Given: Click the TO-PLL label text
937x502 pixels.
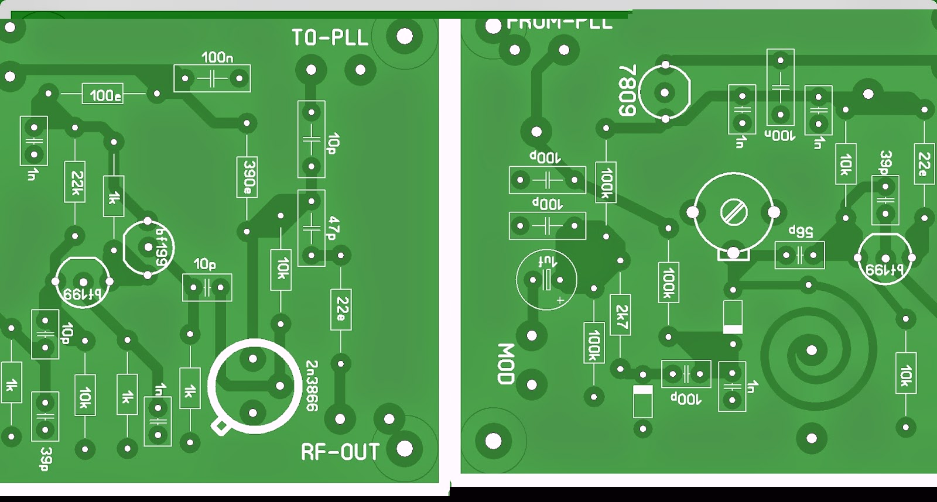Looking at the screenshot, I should tap(330, 38).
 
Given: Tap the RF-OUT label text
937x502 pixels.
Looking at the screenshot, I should tap(340, 452).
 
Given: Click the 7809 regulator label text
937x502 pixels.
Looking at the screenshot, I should tap(627, 91).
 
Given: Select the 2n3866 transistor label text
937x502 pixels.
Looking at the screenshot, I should tap(312, 386).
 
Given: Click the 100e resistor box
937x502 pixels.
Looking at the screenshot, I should tap(105, 95).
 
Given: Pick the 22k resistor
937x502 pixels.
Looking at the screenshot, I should tap(75, 183).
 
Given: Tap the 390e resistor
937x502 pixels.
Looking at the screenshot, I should tap(248, 177).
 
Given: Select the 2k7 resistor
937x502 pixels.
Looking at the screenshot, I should tap(621, 315).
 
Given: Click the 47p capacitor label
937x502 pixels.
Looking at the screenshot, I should tap(333, 228).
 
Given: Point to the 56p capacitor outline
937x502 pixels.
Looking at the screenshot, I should tap(799, 255).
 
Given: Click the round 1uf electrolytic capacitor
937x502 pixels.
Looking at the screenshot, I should tap(546, 280).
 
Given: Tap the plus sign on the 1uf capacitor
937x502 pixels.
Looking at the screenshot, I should tap(560, 301).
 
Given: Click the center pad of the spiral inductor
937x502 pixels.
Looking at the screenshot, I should tap(812, 350).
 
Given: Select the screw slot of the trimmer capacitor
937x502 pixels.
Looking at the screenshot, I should tap(734, 212).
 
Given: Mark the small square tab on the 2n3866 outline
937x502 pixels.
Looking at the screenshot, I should tap(220, 428).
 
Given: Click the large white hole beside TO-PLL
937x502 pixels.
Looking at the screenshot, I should tap(404, 36).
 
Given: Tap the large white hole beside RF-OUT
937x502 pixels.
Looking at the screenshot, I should tap(404, 449).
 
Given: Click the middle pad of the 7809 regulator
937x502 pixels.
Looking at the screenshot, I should tap(665, 92).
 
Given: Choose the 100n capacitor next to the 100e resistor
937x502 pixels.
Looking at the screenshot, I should tap(212, 78).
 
